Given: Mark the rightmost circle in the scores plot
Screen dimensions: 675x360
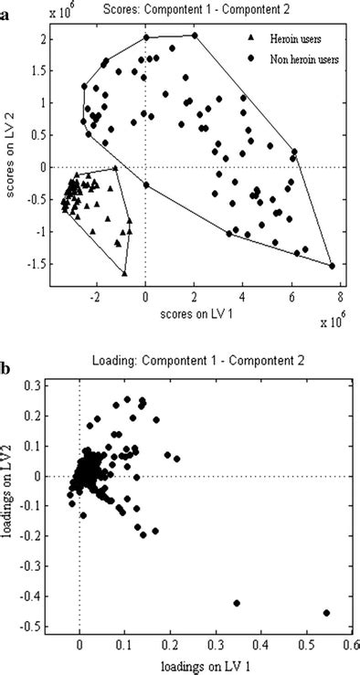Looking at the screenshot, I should pyautogui.click(x=332, y=266).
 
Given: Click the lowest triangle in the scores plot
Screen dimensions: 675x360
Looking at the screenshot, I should pyautogui.click(x=124, y=273).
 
